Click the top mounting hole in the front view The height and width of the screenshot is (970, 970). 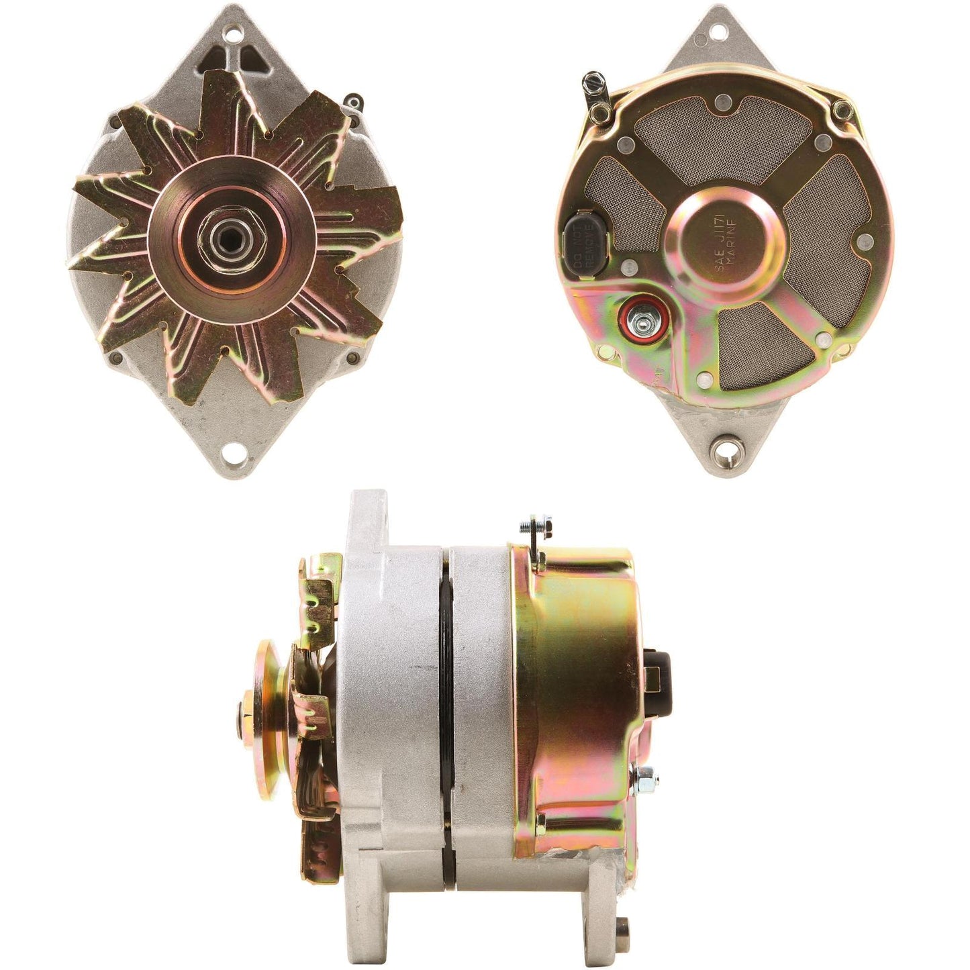(x=234, y=32)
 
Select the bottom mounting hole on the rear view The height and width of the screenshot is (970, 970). (x=724, y=447)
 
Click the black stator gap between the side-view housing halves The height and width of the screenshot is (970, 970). (x=446, y=705)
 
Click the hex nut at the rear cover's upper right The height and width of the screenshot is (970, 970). (x=838, y=107)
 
